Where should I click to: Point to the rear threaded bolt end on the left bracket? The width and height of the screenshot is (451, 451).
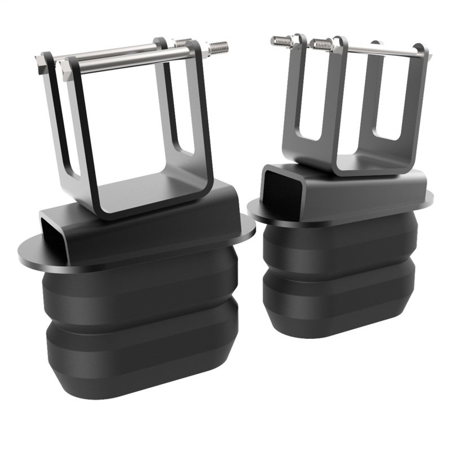pos(184,42)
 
